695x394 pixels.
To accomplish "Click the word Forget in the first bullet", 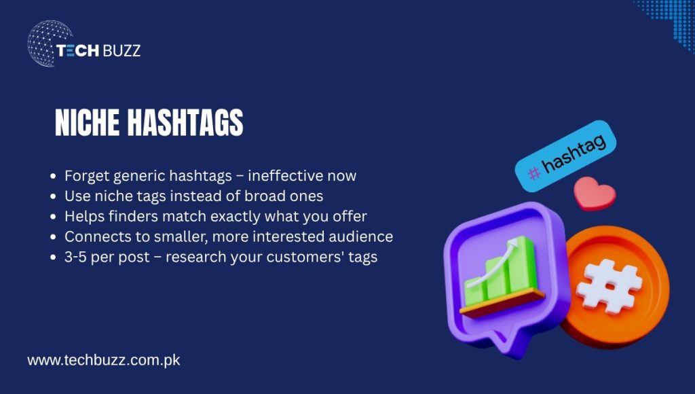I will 86,176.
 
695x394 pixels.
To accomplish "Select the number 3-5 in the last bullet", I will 77,257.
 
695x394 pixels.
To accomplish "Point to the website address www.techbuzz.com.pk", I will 104,360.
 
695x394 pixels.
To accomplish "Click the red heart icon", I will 594,194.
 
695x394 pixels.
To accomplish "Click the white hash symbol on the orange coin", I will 609,286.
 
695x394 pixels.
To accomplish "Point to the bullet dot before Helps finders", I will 54,217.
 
